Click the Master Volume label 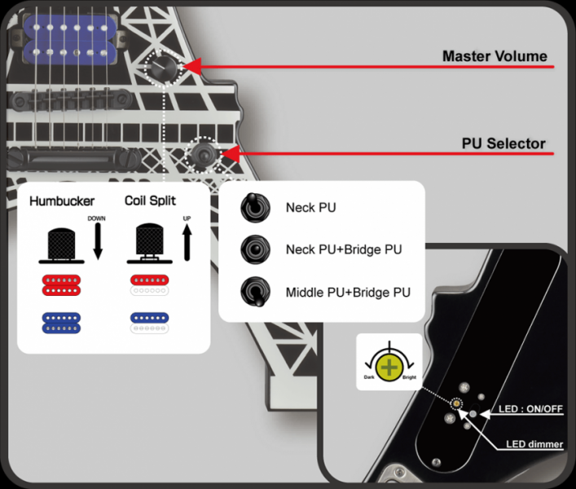(495, 56)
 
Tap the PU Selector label (503, 143)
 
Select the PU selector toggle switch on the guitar (202, 153)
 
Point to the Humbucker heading (62, 200)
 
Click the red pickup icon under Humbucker (63, 286)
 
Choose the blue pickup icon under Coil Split (148, 319)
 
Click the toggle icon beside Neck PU (253, 207)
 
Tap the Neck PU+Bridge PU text (344, 249)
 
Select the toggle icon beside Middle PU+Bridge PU (253, 292)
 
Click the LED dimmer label (534, 444)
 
